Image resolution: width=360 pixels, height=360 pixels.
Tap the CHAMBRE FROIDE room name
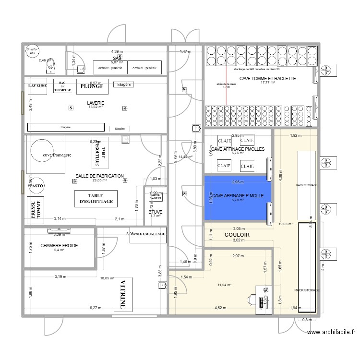[59, 245]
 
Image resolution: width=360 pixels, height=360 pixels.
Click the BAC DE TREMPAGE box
[62, 85]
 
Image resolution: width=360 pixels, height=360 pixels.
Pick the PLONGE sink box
[92, 86]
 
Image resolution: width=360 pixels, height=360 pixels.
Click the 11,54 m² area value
[225, 285]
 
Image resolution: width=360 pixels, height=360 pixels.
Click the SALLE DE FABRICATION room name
[99, 176]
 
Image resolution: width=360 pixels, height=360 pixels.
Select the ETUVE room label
[155, 212]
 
